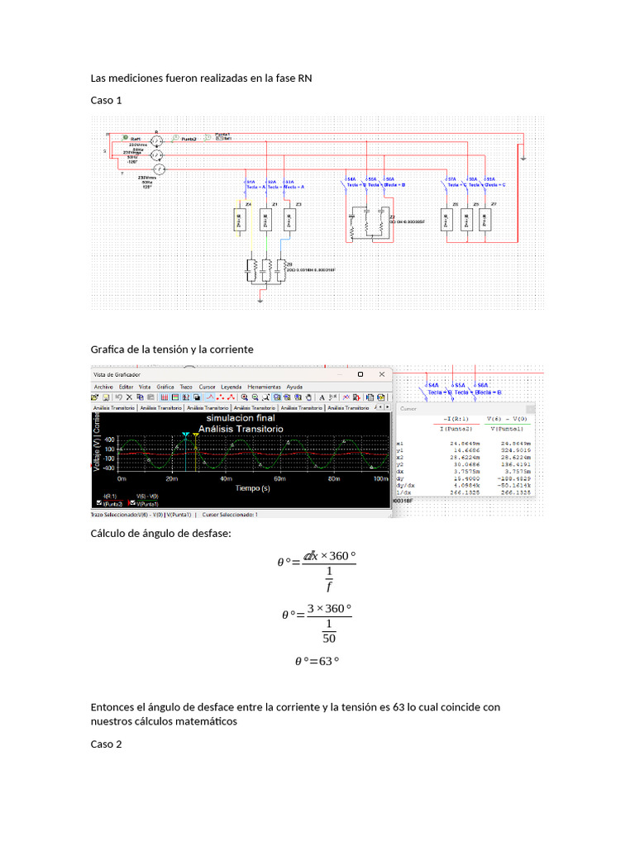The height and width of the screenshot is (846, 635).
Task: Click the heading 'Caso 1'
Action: click(106, 100)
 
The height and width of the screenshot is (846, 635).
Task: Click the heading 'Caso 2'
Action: click(106, 744)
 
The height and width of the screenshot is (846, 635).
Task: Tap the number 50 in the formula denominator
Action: click(329, 639)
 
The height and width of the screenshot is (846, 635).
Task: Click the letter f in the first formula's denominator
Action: click(329, 587)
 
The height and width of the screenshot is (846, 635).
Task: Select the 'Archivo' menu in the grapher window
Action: click(103, 387)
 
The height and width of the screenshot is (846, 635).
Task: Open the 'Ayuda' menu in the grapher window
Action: click(294, 387)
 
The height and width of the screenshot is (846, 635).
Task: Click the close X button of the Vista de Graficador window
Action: click(381, 374)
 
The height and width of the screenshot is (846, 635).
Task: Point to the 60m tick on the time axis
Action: click(278, 478)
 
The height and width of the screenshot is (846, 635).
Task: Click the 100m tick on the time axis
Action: click(380, 478)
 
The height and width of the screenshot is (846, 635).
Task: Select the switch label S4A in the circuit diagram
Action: click(351, 178)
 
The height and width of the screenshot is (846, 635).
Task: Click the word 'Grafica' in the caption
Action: click(107, 349)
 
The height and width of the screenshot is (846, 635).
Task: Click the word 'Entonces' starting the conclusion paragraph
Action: click(112, 707)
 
